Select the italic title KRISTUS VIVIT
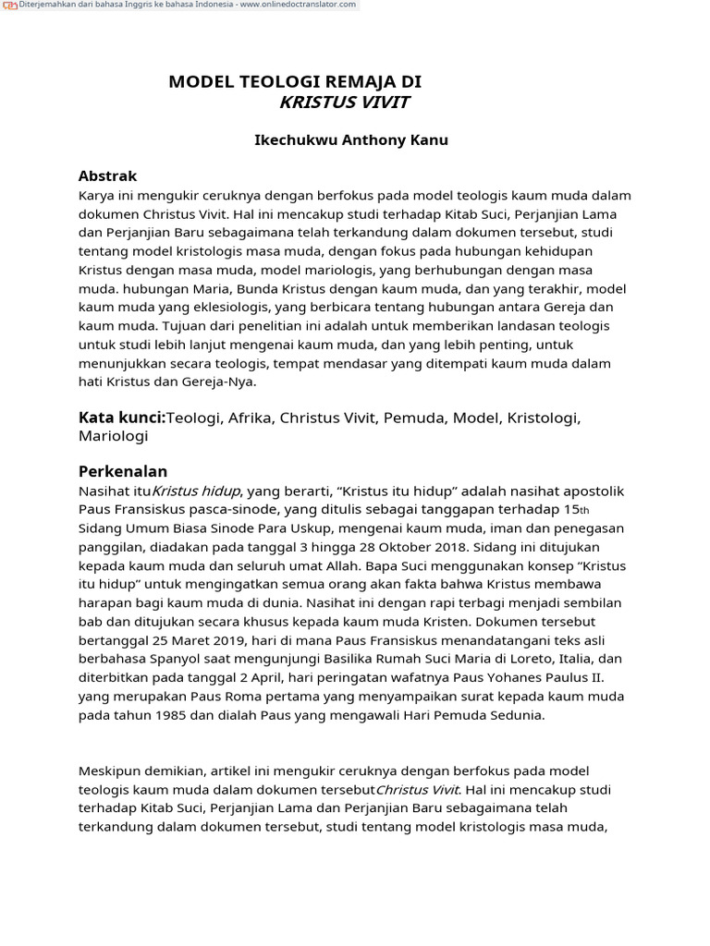click(x=344, y=103)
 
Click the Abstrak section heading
click(x=107, y=176)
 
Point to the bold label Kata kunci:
click(x=122, y=418)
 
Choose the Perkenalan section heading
click(x=123, y=471)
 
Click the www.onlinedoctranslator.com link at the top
click(x=297, y=6)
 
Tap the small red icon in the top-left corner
click(x=9, y=6)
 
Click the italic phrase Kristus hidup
click(x=196, y=491)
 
